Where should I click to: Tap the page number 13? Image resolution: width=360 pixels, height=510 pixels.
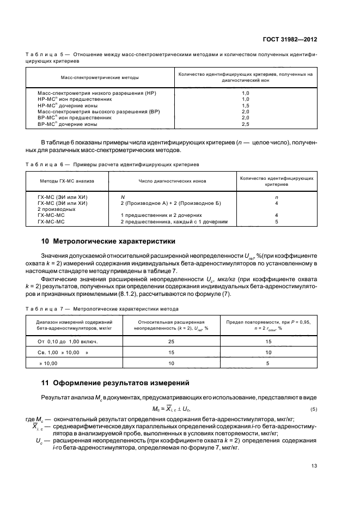click(x=314, y=465)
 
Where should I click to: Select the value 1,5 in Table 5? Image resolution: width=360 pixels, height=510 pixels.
click(x=245, y=106)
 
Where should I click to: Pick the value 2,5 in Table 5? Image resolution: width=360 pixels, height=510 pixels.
click(x=245, y=124)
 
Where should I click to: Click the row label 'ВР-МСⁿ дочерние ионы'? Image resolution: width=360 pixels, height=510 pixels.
click(x=68, y=124)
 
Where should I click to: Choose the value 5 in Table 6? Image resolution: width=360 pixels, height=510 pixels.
click(x=276, y=222)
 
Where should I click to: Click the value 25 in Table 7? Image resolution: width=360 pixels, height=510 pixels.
click(x=171, y=342)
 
